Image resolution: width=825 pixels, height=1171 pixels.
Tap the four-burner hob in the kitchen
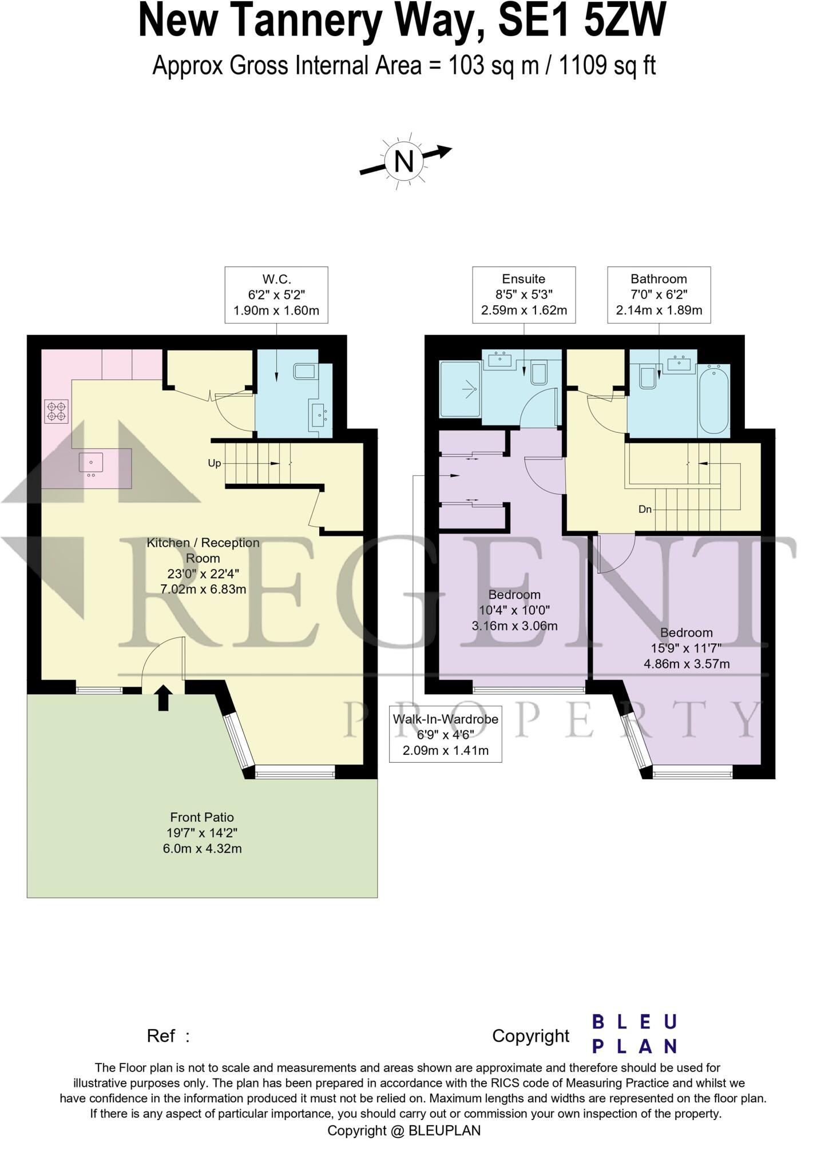(57, 411)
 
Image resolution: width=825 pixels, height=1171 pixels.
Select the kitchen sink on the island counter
(91, 463)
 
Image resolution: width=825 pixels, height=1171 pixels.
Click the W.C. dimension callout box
(276, 295)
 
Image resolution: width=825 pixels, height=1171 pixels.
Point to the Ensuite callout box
(523, 295)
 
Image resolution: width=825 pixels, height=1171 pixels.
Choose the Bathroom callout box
(659, 295)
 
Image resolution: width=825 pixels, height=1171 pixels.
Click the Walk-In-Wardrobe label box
(445, 735)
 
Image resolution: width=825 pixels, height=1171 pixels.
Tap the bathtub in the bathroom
(713, 399)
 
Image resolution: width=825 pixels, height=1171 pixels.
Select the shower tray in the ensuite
(460, 389)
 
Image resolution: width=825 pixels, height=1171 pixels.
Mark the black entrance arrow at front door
(164, 698)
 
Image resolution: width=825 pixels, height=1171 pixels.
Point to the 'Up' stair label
(215, 463)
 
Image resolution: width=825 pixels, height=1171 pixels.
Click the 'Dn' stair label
(645, 509)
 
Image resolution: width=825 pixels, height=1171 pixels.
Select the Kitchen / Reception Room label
(203, 550)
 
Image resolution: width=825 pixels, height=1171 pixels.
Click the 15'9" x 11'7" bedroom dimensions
(687, 648)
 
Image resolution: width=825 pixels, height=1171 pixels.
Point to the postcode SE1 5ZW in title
(582, 21)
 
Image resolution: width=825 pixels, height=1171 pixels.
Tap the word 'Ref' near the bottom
(161, 1035)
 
